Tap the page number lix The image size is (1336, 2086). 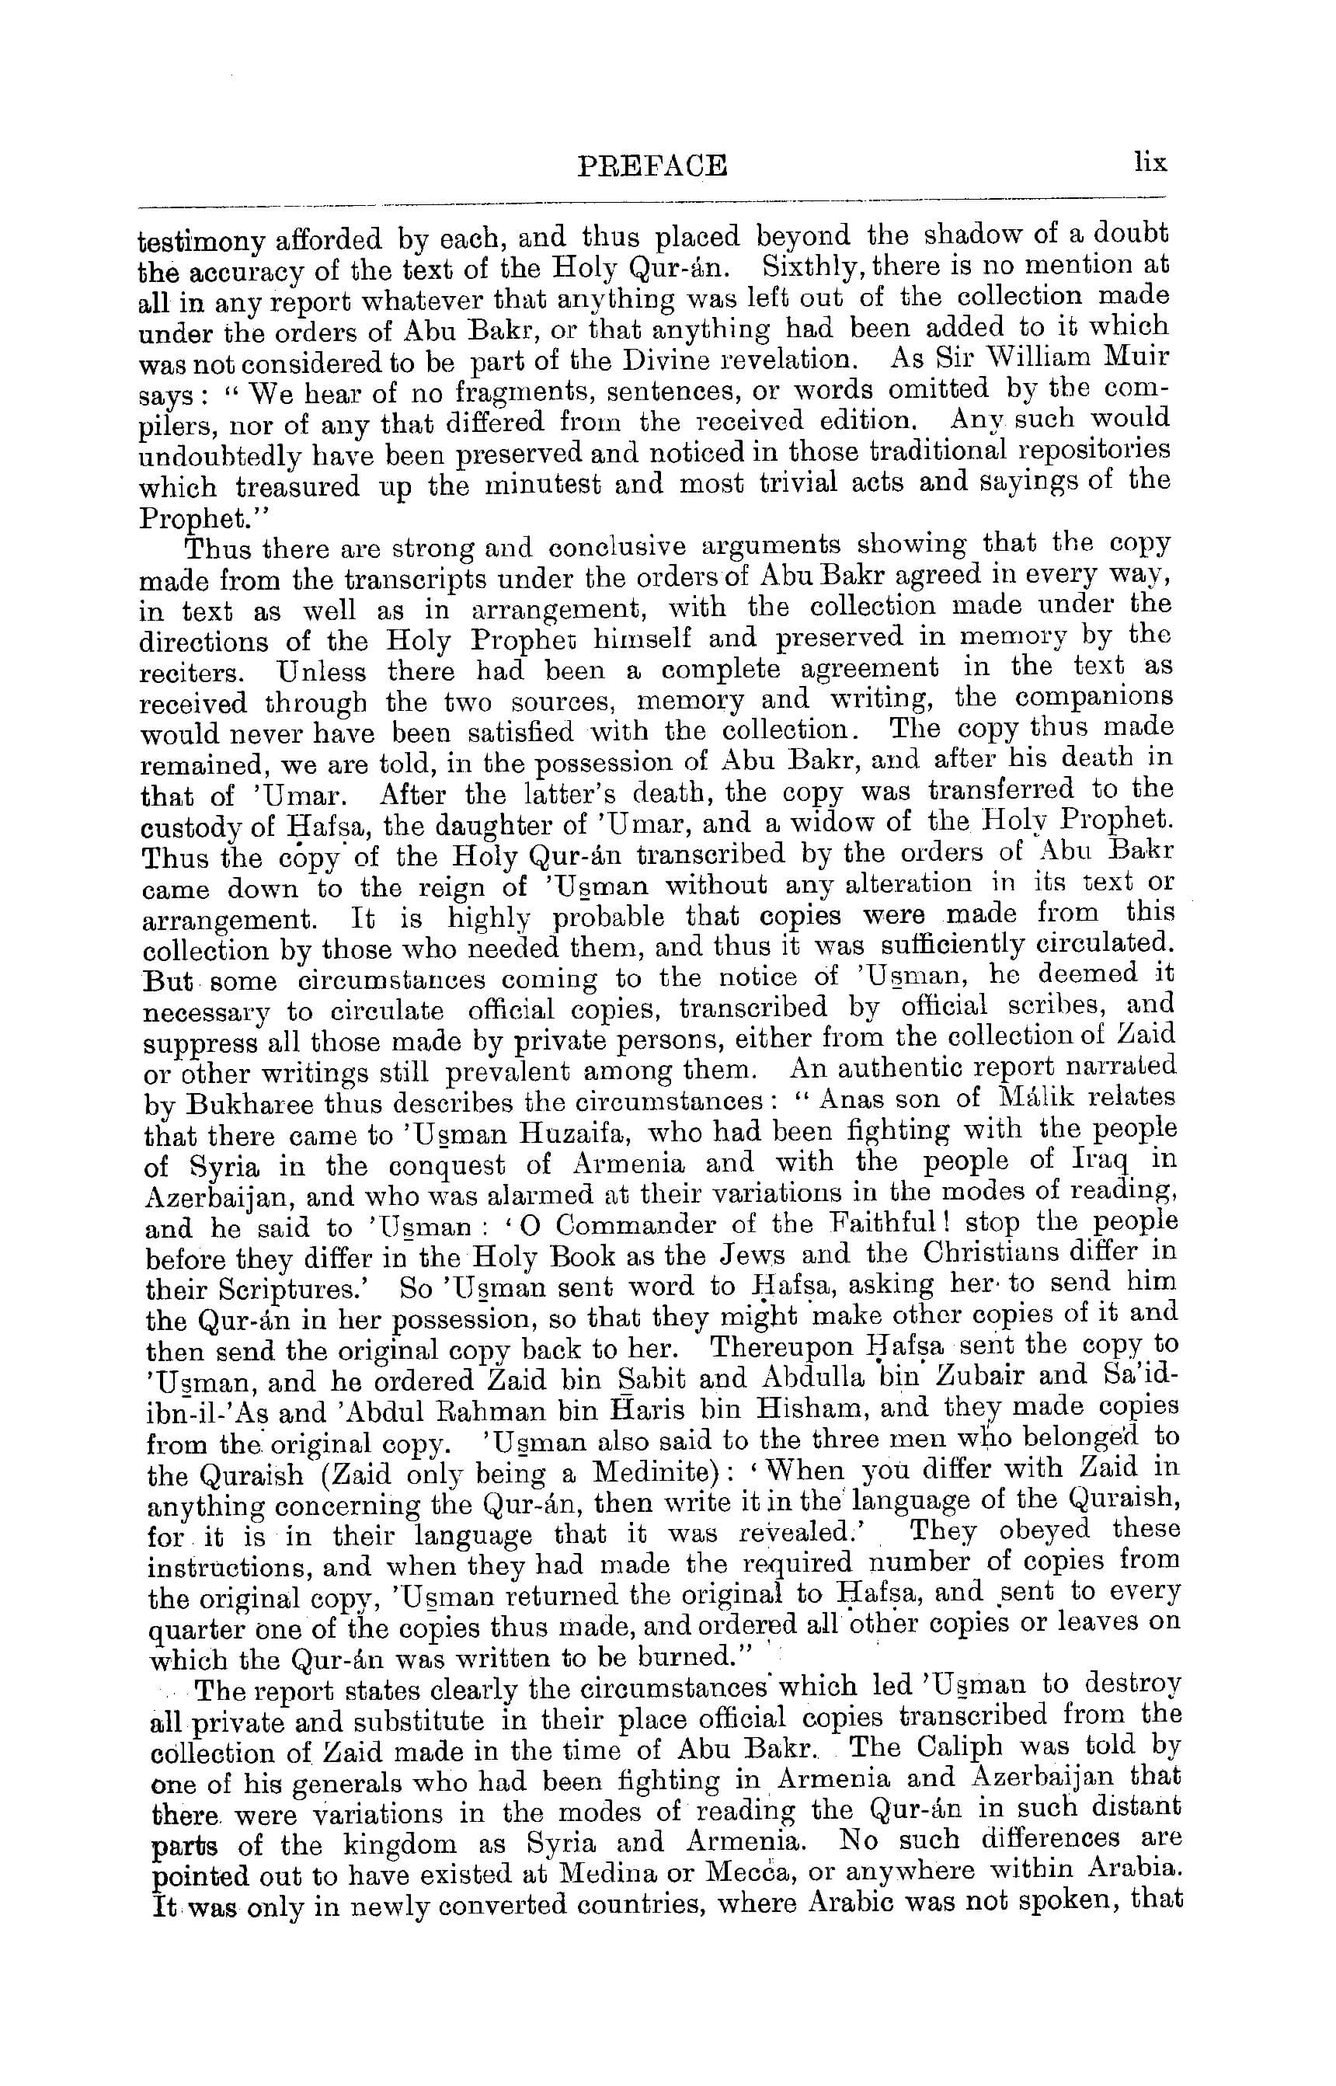point(1150,162)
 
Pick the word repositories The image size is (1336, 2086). point(1094,451)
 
